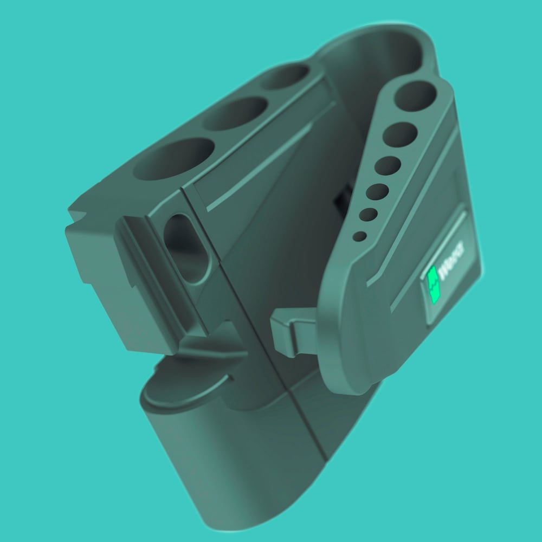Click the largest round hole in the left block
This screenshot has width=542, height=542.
click(174, 159)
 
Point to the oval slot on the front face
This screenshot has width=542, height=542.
click(185, 248)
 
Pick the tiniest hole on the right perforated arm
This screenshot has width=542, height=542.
click(360, 236)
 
